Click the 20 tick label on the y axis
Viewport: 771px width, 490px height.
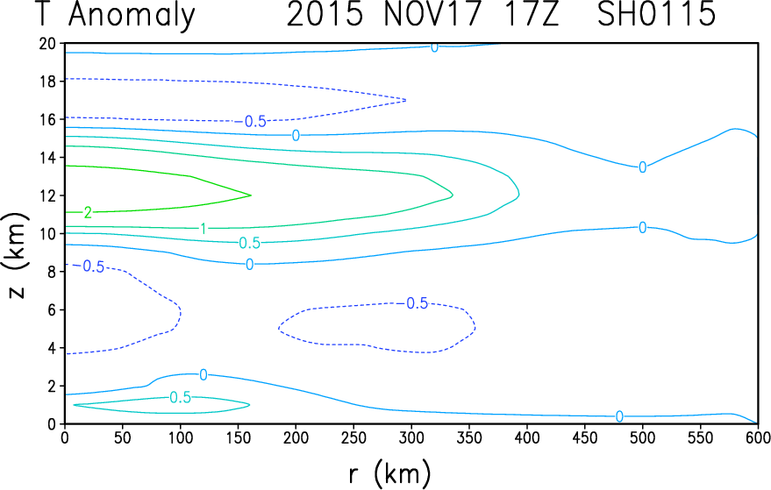(x=47, y=43)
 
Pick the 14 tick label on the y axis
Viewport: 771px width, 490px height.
(x=47, y=157)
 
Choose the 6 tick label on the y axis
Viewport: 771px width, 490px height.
(x=52, y=309)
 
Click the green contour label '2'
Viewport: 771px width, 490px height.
(x=87, y=212)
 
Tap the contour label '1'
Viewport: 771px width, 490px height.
(x=203, y=229)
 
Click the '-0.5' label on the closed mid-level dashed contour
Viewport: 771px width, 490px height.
(x=414, y=303)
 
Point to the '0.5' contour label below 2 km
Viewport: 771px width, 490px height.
(x=181, y=397)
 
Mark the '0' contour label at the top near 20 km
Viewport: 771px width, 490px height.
(x=434, y=46)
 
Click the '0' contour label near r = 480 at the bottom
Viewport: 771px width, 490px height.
(x=619, y=416)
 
